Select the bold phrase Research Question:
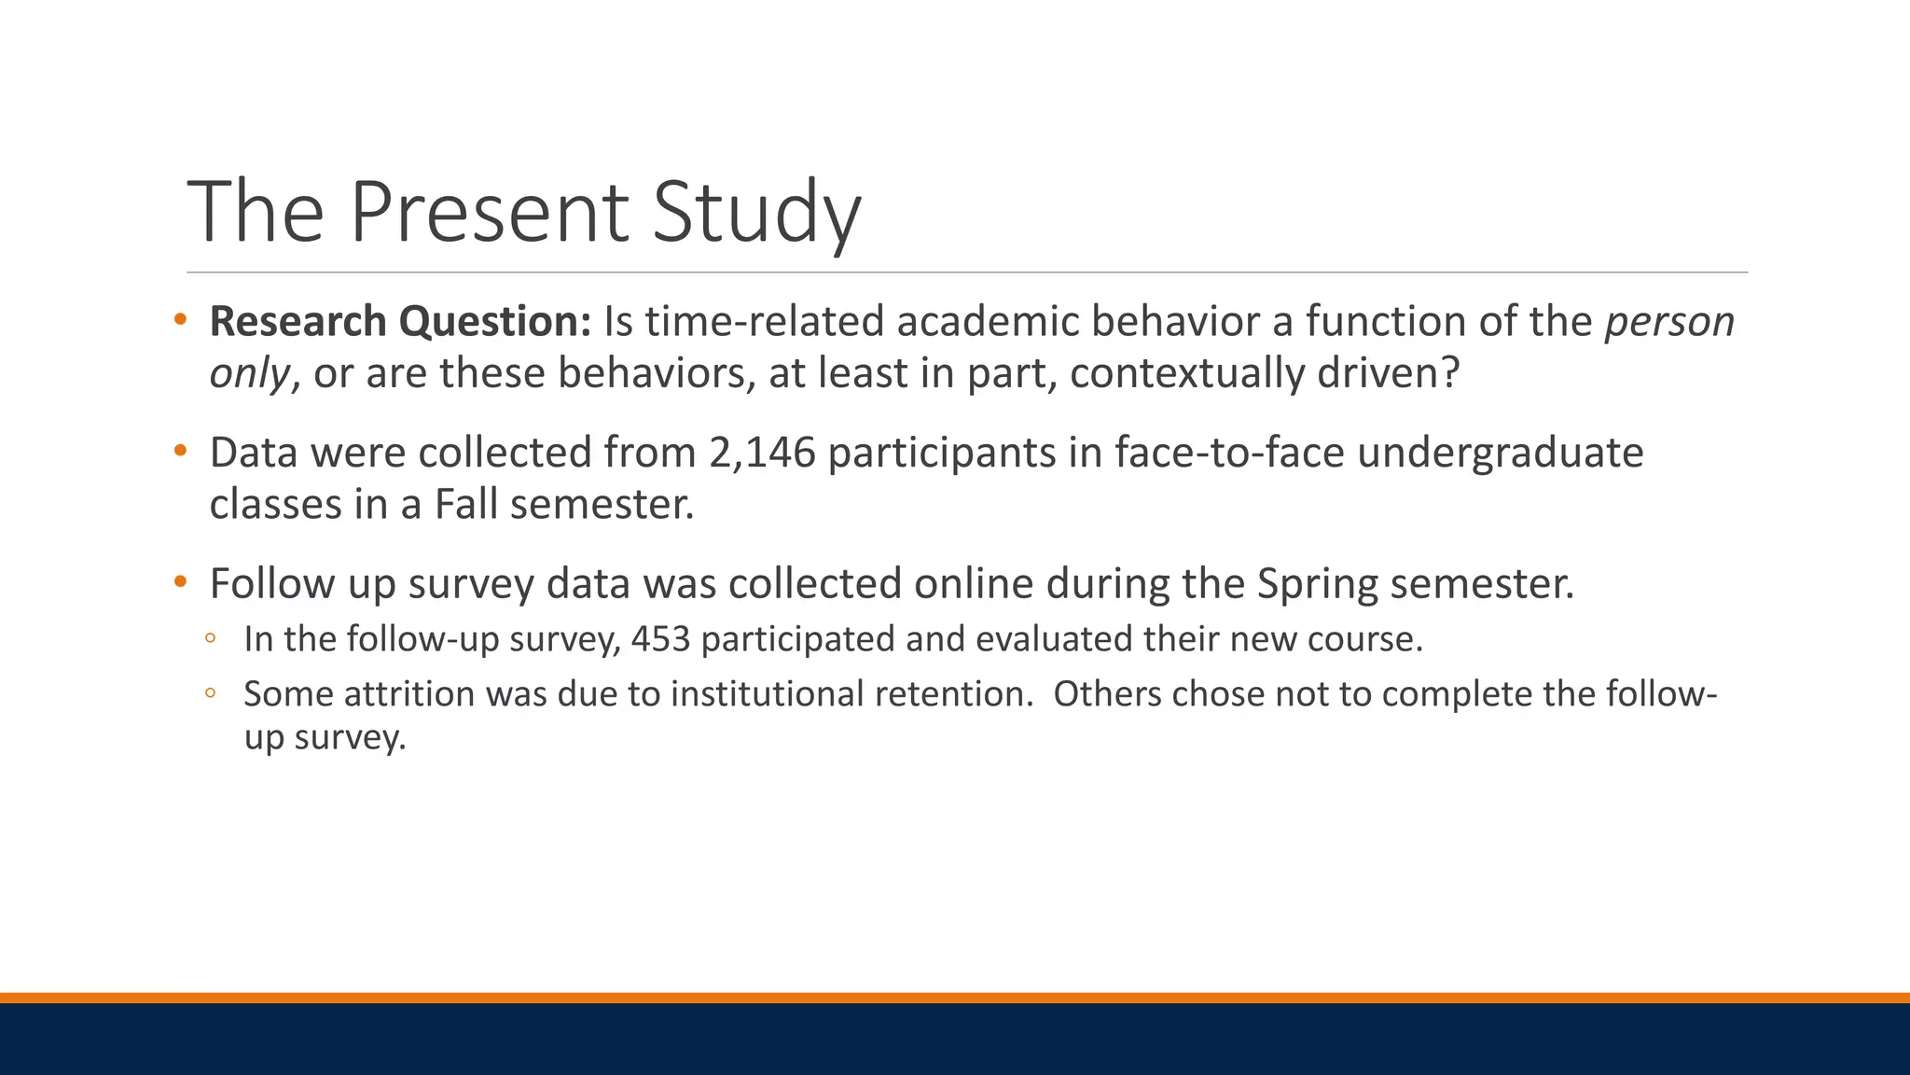click(x=400, y=321)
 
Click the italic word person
click(x=1668, y=321)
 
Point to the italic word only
click(x=249, y=373)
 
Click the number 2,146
click(x=762, y=453)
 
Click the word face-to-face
click(x=1229, y=453)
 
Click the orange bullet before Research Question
click(x=181, y=320)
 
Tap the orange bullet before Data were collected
click(x=181, y=452)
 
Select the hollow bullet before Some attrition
click(x=211, y=693)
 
